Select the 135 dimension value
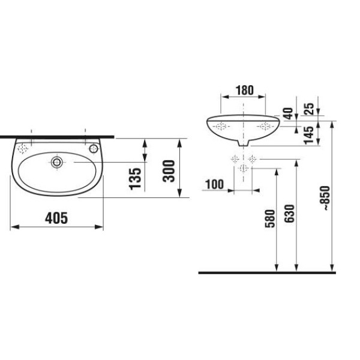click(x=136, y=178)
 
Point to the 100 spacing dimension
click(x=214, y=184)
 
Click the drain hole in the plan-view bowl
click(x=57, y=162)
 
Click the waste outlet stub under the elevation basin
click(x=243, y=143)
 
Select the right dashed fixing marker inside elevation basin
click(x=265, y=127)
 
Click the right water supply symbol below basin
click(x=253, y=159)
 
